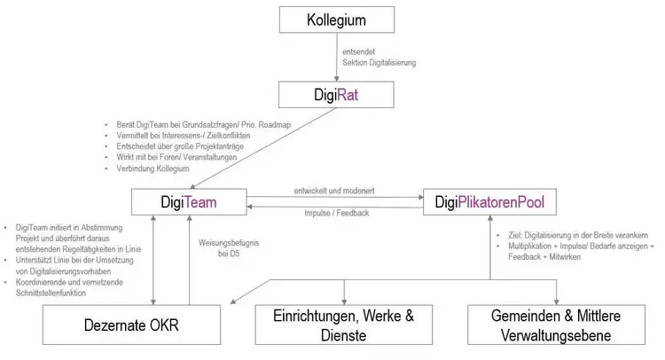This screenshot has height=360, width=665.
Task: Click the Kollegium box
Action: click(336, 20)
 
